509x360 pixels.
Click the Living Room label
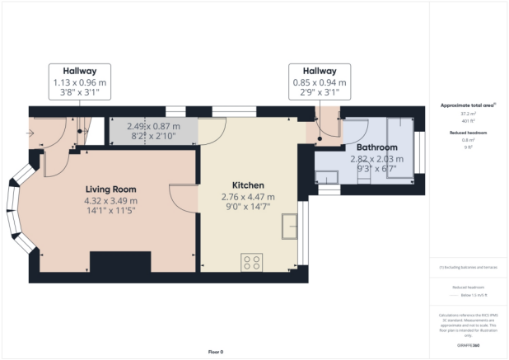(110, 189)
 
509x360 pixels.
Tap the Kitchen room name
(247, 185)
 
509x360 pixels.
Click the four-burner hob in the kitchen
(252, 263)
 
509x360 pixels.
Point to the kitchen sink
(289, 226)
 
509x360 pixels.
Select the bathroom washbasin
(327, 175)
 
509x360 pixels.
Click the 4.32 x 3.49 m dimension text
(110, 200)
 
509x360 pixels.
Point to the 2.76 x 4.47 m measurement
(247, 197)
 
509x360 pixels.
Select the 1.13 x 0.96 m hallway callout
(80, 82)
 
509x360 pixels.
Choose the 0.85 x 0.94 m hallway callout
(320, 82)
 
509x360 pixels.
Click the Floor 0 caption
(215, 352)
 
